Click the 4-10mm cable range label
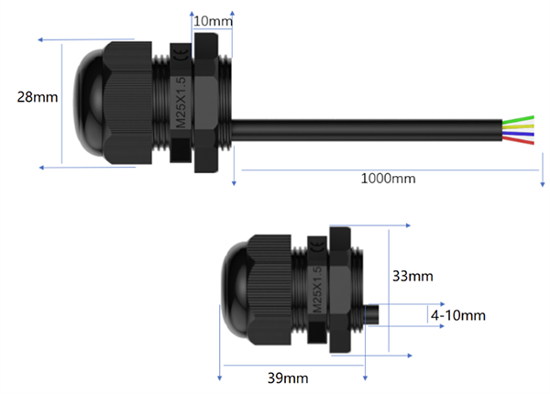[457, 314]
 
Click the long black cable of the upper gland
[367, 130]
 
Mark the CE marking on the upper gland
[181, 61]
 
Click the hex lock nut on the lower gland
[342, 290]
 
